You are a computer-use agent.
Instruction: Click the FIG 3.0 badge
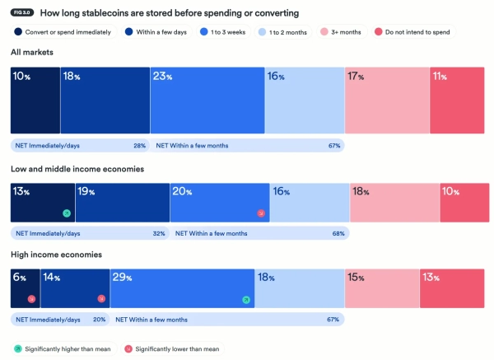click(22, 14)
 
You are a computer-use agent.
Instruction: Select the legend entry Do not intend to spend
click(415, 31)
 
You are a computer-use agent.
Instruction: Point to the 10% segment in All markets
click(35, 100)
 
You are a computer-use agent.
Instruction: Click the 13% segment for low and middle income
click(43, 203)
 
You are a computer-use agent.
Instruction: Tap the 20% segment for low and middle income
click(220, 203)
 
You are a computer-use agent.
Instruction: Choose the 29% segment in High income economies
click(182, 287)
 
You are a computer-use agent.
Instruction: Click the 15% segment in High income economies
click(382, 287)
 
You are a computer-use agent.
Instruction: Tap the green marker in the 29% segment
click(245, 299)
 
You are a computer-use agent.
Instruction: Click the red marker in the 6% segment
click(31, 299)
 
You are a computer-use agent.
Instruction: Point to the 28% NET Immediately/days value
click(139, 146)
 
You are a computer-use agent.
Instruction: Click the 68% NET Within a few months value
click(337, 232)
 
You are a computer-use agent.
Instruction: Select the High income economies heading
click(56, 255)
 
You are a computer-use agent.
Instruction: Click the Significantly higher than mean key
click(63, 348)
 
